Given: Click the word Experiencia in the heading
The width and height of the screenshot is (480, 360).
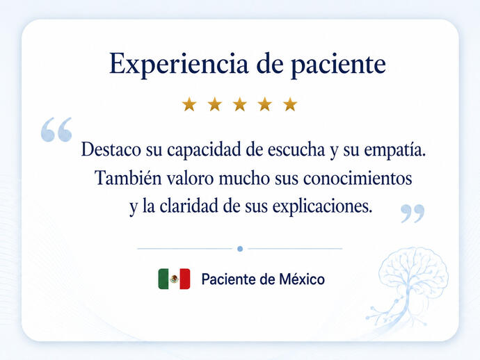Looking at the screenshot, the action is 179,64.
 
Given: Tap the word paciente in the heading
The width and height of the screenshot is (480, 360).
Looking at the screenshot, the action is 338,65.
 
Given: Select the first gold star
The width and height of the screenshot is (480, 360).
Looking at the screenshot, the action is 189,104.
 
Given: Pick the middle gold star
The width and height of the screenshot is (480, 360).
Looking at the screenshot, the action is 240,104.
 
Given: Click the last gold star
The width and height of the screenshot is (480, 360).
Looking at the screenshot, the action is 290,104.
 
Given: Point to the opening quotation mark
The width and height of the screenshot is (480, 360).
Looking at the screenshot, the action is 56,129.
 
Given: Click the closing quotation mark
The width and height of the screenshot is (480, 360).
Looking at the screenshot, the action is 413,213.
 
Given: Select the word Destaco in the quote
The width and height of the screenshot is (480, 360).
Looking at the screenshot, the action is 111,149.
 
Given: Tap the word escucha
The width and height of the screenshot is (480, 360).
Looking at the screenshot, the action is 296,150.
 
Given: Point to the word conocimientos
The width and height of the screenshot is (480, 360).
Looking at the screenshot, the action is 358,179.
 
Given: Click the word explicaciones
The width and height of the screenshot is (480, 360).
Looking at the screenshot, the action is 322,207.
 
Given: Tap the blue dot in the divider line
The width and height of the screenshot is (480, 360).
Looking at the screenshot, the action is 240,249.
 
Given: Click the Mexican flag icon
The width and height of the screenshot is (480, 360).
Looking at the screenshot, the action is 174,279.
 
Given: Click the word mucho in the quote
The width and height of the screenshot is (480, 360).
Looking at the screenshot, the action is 244,178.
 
